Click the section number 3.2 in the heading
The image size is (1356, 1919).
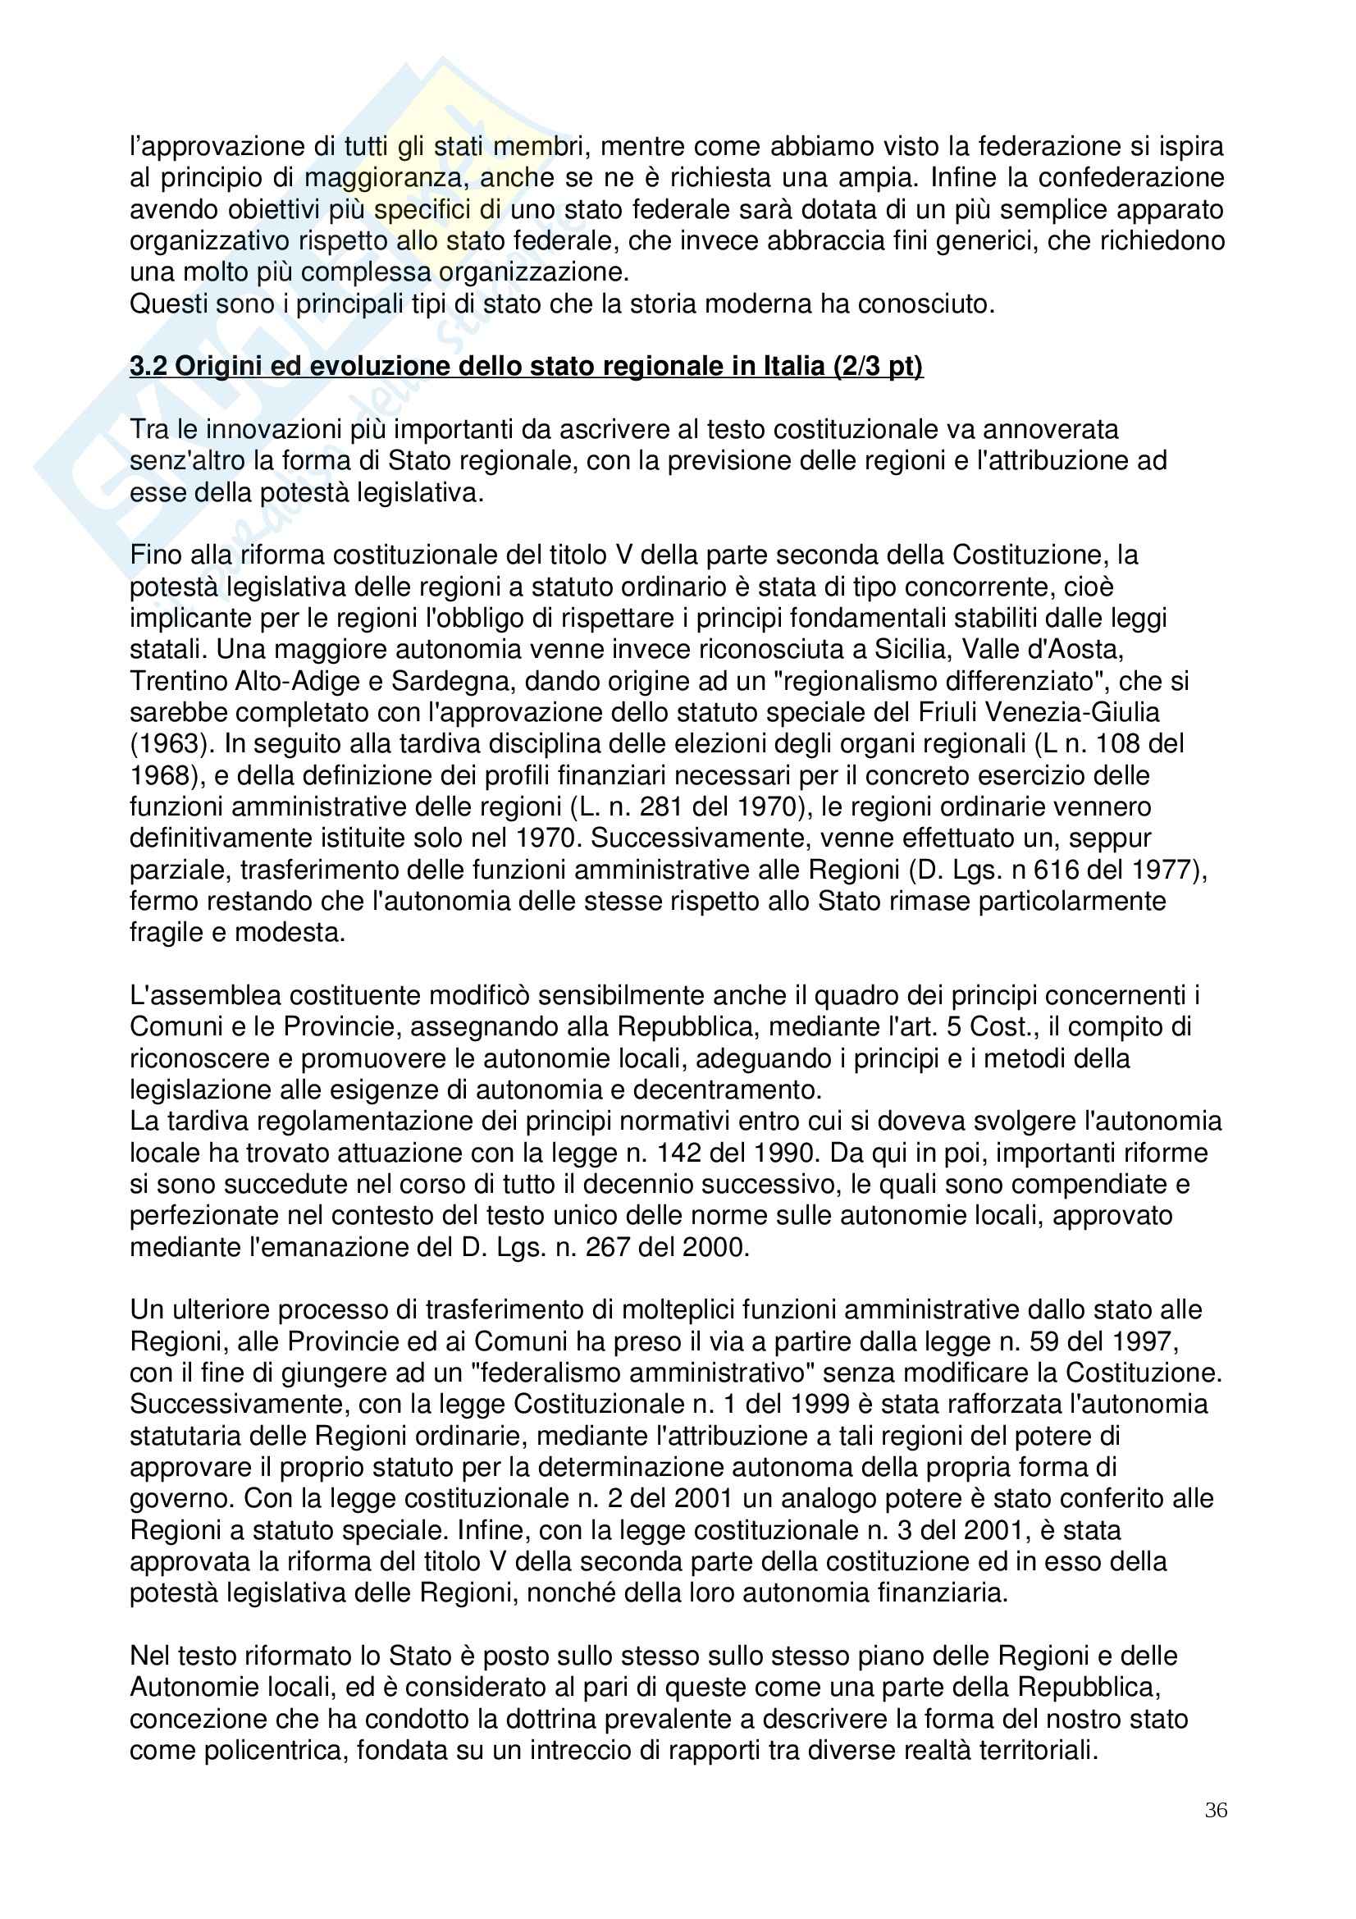pyautogui.click(x=148, y=367)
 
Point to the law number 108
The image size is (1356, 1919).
pyautogui.click(x=1119, y=744)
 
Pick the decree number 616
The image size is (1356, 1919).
pyautogui.click(x=1060, y=870)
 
